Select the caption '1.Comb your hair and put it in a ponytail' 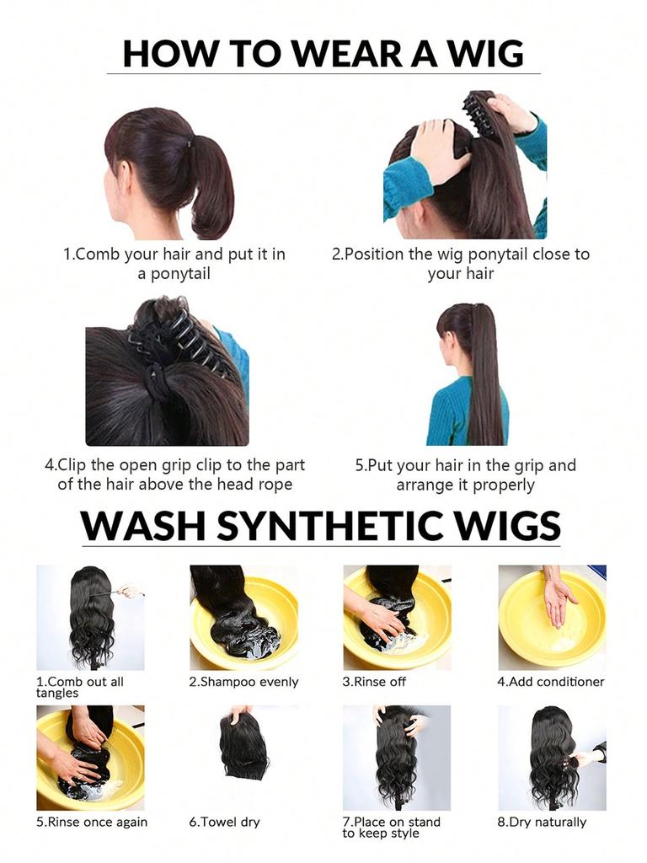174,263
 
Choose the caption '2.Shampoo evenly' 243,682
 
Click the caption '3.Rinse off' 374,682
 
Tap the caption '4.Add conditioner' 551,682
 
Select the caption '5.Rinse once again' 92,822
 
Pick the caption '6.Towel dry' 224,822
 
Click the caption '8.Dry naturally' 542,822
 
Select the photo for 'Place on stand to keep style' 396,757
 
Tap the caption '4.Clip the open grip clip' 174,474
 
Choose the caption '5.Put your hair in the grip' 466,474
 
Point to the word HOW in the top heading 160,52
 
